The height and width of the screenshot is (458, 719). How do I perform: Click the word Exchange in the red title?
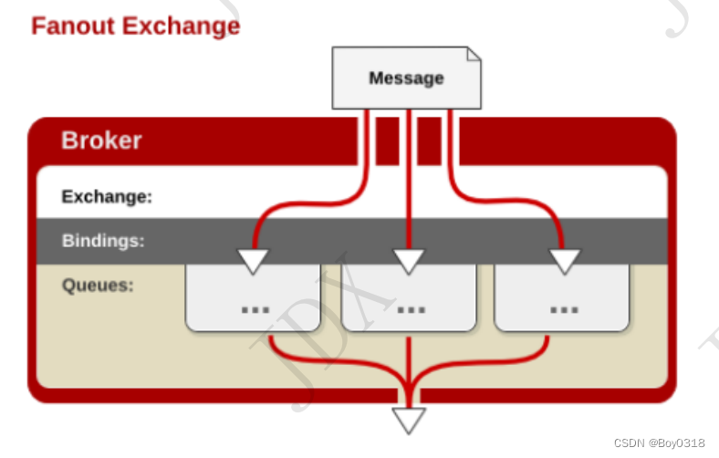[182, 26]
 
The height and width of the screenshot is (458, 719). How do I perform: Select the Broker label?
[101, 141]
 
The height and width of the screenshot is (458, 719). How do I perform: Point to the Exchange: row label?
[107, 196]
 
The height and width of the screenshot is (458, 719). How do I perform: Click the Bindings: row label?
[103, 241]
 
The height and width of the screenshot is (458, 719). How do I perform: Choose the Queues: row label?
[98, 285]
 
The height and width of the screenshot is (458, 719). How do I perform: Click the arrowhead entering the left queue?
[253, 261]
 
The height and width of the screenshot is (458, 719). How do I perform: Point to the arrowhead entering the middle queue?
[409, 261]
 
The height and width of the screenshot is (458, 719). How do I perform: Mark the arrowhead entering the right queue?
[565, 261]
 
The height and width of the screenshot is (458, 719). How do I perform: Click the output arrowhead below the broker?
[409, 420]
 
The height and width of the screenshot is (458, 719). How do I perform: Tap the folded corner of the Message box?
[473, 54]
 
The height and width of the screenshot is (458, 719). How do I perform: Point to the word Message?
[406, 78]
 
